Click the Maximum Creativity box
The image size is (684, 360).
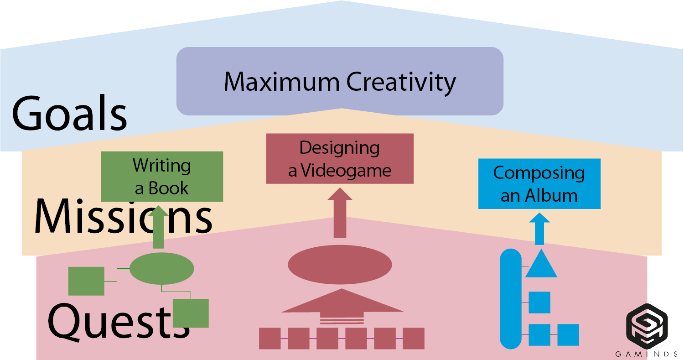pos(340,81)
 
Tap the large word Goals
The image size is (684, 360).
pos(69,113)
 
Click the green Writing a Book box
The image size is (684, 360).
pos(162,176)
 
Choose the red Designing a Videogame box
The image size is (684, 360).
pos(340,158)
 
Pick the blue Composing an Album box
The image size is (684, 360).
pos(539,183)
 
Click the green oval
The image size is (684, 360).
pos(162,268)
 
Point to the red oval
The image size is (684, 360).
pos(340,265)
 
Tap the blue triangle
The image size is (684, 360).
pos(541,266)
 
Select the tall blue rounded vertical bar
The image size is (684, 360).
pos(511,299)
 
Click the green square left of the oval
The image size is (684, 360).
pos(86,281)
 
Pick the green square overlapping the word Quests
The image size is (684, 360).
pos(191,313)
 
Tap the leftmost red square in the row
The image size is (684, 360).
pos(269,338)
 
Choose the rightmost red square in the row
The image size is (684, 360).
pos(414,338)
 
